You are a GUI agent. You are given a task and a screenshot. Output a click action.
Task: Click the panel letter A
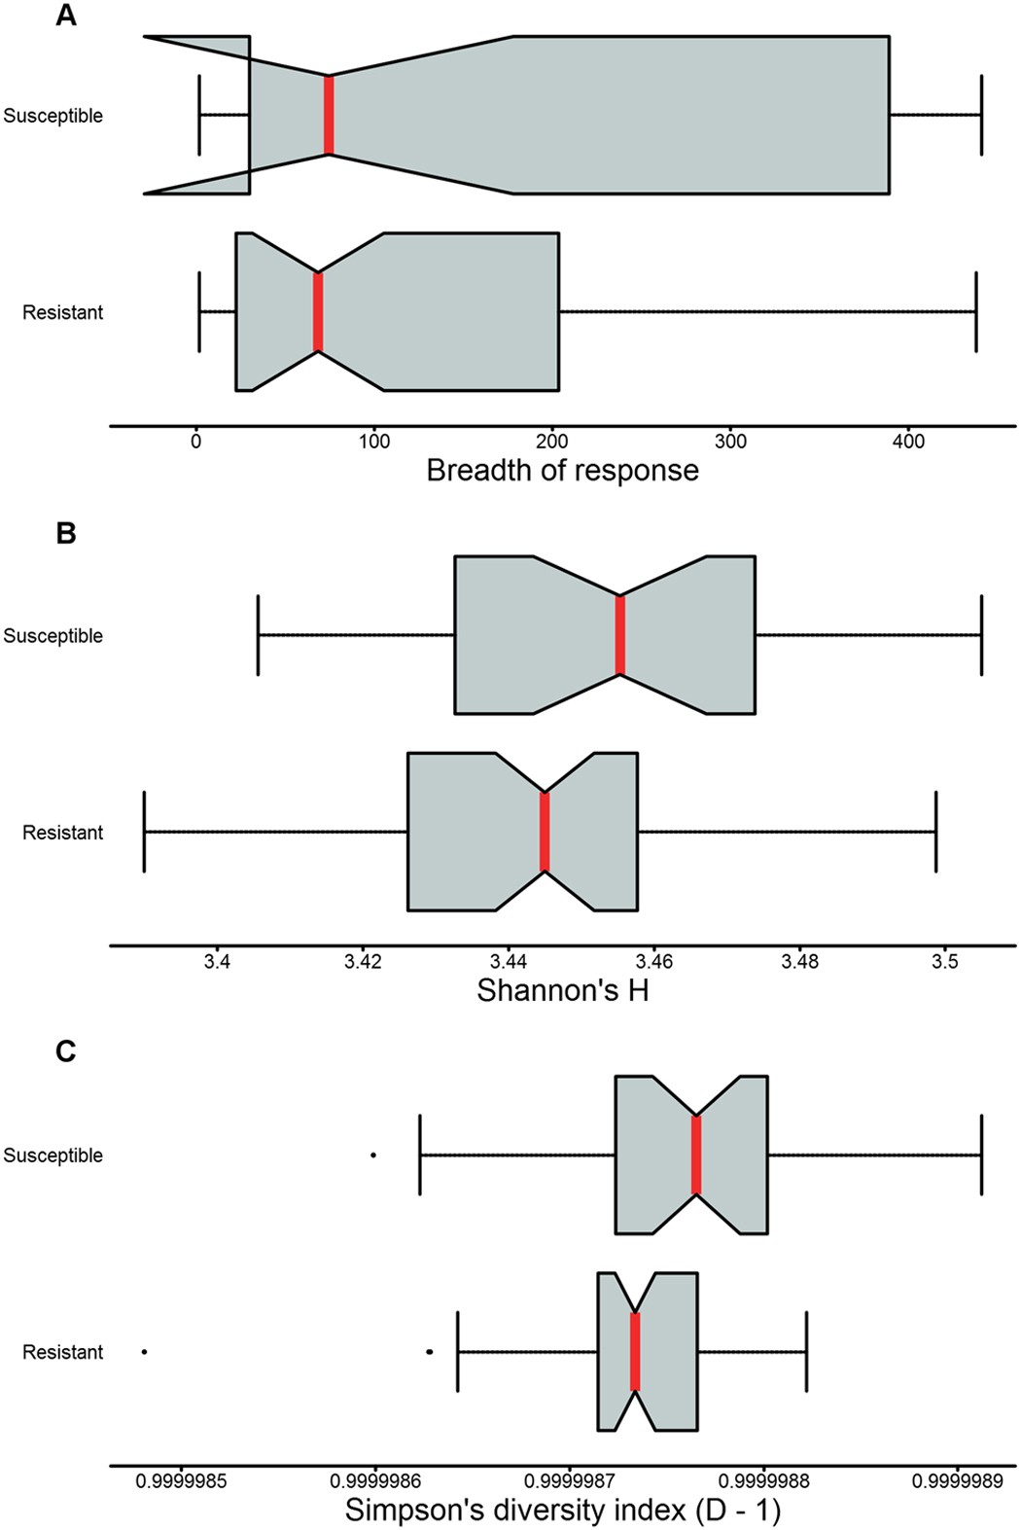pos(65,16)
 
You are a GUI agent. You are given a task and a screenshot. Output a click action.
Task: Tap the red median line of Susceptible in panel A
pos(329,115)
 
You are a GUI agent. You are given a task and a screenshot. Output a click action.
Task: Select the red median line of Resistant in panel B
pos(545,832)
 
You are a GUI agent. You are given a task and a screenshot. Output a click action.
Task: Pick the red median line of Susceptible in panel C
pos(696,1155)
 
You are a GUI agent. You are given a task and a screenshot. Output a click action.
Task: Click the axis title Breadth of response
pos(562,471)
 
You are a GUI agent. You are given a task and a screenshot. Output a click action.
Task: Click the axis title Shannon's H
pos(562,990)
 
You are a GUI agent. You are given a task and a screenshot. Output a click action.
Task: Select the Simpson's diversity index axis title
pos(562,1511)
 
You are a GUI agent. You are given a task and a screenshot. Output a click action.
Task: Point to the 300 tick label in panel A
pos(730,442)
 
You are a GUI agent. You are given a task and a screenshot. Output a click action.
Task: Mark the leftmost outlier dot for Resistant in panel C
pos(145,1351)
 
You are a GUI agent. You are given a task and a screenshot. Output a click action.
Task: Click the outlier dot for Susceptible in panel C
pos(373,1155)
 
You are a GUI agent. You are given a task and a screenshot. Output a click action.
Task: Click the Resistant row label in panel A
pos(62,312)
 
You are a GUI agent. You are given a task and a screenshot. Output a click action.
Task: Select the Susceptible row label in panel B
pos(53,635)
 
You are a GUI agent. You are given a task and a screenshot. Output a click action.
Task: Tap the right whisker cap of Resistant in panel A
pos(975,312)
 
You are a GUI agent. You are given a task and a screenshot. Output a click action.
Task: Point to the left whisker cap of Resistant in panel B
pos(145,832)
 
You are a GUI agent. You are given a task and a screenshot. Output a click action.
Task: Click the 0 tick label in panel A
pos(196,442)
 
